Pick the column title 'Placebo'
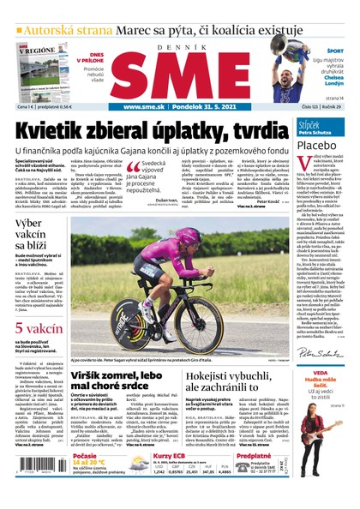315,145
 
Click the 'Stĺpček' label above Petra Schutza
309,124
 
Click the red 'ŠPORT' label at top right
331,49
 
